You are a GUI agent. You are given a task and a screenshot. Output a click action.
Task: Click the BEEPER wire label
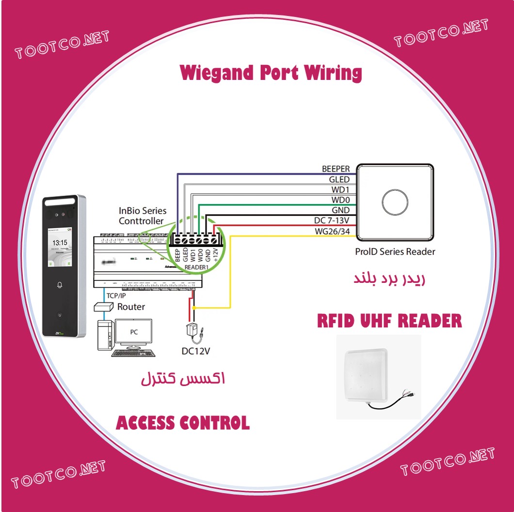336,169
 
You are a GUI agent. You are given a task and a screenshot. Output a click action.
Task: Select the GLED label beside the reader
339,180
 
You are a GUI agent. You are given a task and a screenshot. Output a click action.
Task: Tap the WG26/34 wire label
332,231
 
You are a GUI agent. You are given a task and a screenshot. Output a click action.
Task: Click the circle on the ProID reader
395,202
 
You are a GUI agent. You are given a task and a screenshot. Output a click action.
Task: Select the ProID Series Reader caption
395,251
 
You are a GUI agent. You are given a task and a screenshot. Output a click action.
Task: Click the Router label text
131,307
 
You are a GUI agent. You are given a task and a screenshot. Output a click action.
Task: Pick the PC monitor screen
133,333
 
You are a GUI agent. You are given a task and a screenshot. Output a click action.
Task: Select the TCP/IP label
116,295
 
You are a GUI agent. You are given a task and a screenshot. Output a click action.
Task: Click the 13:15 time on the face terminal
60,243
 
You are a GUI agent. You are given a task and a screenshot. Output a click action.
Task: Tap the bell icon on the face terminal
60,285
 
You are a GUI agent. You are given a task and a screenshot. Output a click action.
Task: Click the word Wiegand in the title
216,73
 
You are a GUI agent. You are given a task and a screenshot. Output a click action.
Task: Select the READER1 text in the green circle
196,267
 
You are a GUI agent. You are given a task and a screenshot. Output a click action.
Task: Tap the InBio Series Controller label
143,216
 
